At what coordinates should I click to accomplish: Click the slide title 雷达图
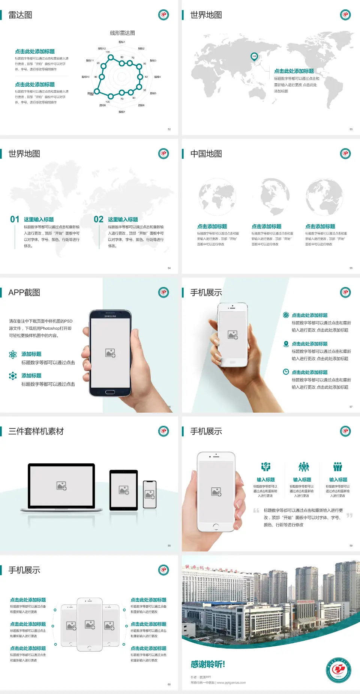pyautogui.click(x=20, y=15)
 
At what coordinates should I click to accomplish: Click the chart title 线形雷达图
pyautogui.click(x=122, y=33)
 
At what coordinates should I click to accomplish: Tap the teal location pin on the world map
pyautogui.click(x=254, y=57)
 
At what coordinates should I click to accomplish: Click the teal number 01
pyautogui.click(x=15, y=219)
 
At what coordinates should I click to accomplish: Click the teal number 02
pyautogui.click(x=99, y=219)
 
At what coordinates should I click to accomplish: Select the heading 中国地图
pyautogui.click(x=206, y=154)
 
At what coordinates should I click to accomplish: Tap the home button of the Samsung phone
pyautogui.click(x=110, y=392)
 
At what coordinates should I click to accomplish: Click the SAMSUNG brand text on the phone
pyautogui.click(x=110, y=316)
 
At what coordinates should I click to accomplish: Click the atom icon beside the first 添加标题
pyautogui.click(x=13, y=355)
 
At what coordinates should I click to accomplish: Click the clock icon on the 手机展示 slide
pyautogui.click(x=286, y=372)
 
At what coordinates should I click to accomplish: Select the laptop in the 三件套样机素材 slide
pyautogui.click(x=61, y=487)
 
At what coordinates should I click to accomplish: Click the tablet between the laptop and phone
pyautogui.click(x=124, y=490)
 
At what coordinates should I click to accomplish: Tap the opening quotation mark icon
pyautogui.click(x=256, y=511)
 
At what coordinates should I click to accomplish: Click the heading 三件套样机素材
pyautogui.click(x=36, y=431)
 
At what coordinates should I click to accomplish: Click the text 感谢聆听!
pyautogui.click(x=208, y=664)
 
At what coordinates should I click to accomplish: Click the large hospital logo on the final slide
pyautogui.click(x=338, y=670)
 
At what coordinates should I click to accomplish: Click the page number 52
pyautogui.click(x=169, y=129)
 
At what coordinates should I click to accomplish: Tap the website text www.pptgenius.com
pyautogui.click(x=231, y=683)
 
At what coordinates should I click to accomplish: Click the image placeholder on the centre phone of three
pyautogui.click(x=90, y=625)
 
